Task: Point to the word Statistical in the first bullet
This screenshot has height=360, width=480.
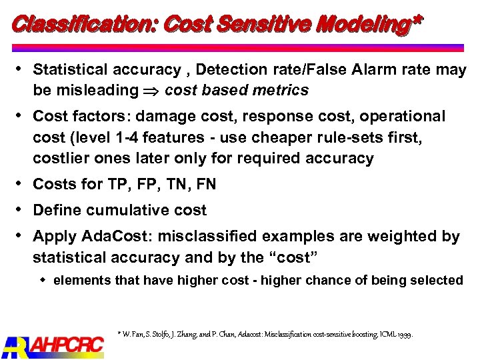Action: coord(70,70)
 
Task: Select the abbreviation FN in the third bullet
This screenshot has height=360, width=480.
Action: coord(204,184)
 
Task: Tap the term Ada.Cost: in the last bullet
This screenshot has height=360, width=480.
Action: coord(109,237)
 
